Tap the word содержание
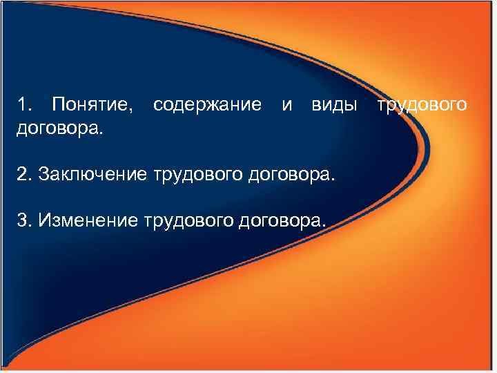pyautogui.click(x=207, y=105)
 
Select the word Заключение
pyautogui.click(x=93, y=173)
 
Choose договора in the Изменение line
pyautogui.click(x=280, y=220)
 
